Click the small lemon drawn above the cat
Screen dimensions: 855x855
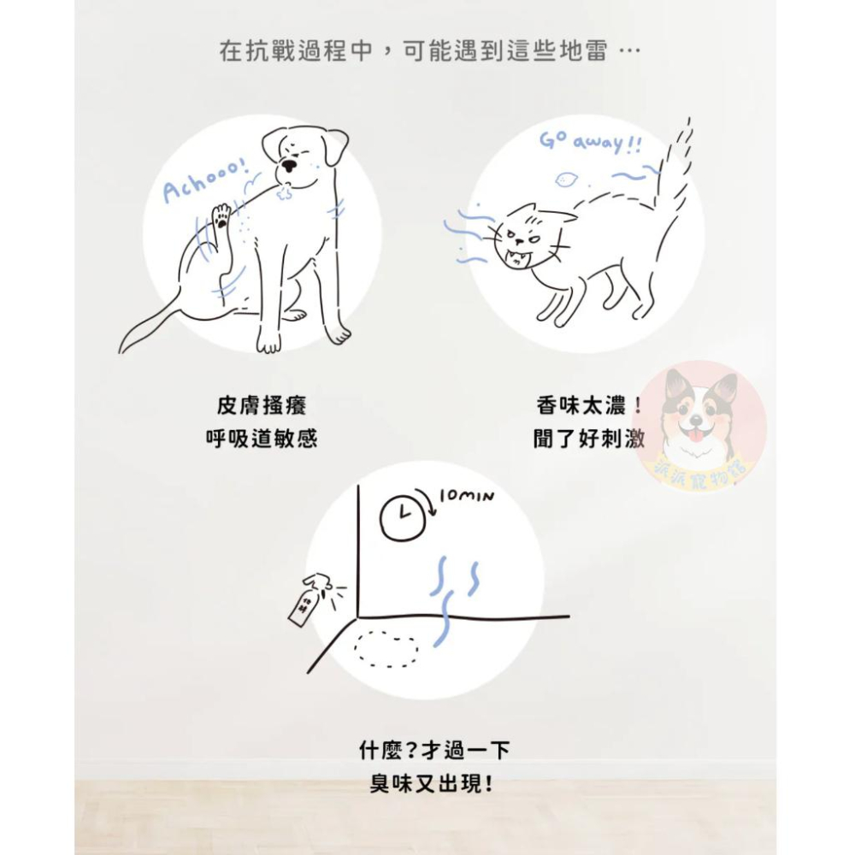[x=566, y=179]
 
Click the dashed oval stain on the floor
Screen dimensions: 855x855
[x=386, y=649]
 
